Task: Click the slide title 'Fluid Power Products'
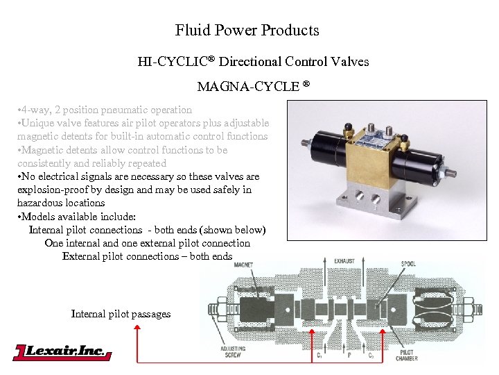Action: pos(247,31)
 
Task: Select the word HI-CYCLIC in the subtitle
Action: pos(176,62)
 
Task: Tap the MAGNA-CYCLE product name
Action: pos(247,87)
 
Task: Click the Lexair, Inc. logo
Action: pos(62,352)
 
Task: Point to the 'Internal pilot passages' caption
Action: pos(121,314)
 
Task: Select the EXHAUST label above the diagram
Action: pos(344,262)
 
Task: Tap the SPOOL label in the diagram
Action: pos(408,265)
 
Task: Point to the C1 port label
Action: pos(319,354)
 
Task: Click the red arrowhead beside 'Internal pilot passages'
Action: pos(137,331)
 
